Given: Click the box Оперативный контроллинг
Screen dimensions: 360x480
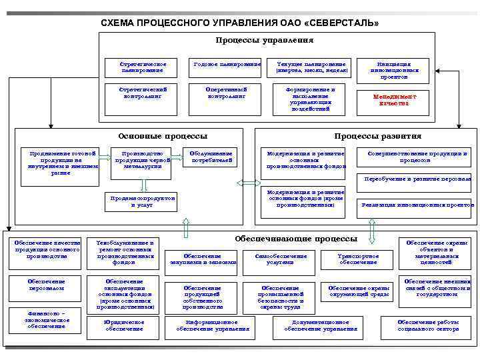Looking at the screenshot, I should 227,93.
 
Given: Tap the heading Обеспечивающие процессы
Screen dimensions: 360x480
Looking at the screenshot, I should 296,238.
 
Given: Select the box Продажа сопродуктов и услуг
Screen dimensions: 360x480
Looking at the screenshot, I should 143,202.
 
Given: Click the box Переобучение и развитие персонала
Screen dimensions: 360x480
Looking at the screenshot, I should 417,179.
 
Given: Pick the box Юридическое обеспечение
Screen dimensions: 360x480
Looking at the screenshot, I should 125,325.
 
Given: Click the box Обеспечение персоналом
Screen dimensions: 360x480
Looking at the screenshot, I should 47,285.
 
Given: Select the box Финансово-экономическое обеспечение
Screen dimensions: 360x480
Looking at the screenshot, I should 47,319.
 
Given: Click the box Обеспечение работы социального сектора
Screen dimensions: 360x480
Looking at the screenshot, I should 438,325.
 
